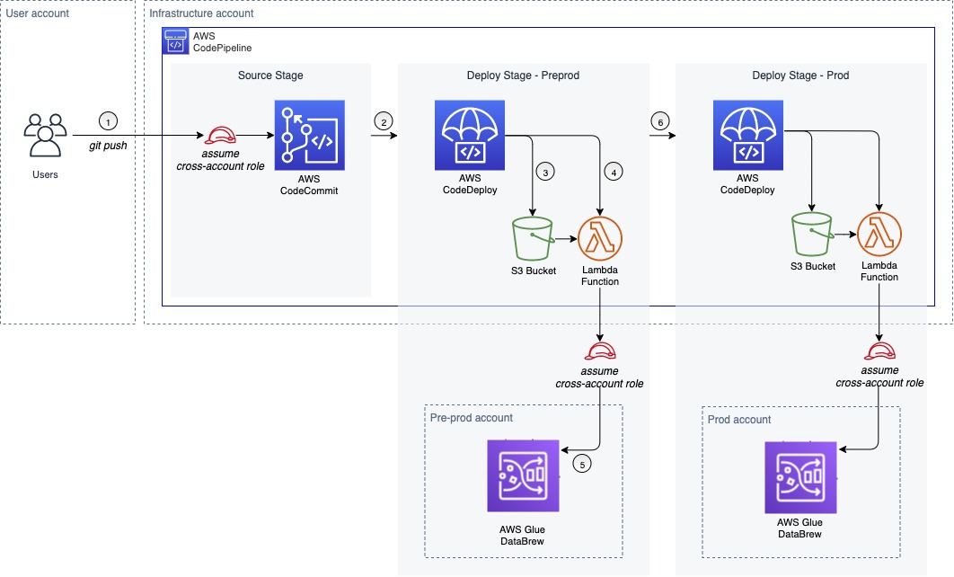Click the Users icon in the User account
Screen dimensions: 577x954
(44, 136)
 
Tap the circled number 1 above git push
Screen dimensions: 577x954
(109, 121)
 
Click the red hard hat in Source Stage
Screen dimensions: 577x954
(220, 136)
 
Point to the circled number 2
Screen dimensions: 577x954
(384, 121)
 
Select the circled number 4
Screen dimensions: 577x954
(614, 171)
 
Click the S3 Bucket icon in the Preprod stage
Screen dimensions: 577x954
(533, 237)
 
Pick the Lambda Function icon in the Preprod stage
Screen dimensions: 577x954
(601, 237)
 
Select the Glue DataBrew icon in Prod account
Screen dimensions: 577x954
(799, 477)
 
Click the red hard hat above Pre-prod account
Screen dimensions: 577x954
(600, 351)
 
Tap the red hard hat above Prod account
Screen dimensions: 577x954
(879, 351)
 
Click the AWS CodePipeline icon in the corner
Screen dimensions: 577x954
(174, 40)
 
